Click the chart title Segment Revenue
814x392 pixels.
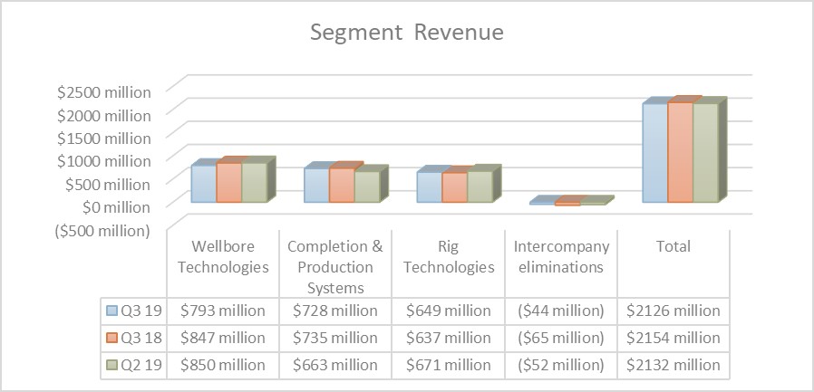[x=407, y=33]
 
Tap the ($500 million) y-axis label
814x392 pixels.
[x=102, y=231]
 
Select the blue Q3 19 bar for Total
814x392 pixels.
[x=654, y=152]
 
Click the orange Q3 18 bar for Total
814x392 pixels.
[x=680, y=152]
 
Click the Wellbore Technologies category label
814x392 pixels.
[x=223, y=256]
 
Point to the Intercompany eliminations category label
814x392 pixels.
[x=560, y=256]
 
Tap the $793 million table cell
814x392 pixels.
[x=223, y=311]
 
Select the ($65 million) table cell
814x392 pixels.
[x=560, y=338]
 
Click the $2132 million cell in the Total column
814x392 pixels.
[x=673, y=365]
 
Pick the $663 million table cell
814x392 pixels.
[x=335, y=365]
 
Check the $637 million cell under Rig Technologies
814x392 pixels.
[x=448, y=338]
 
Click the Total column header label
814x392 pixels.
[x=673, y=246]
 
